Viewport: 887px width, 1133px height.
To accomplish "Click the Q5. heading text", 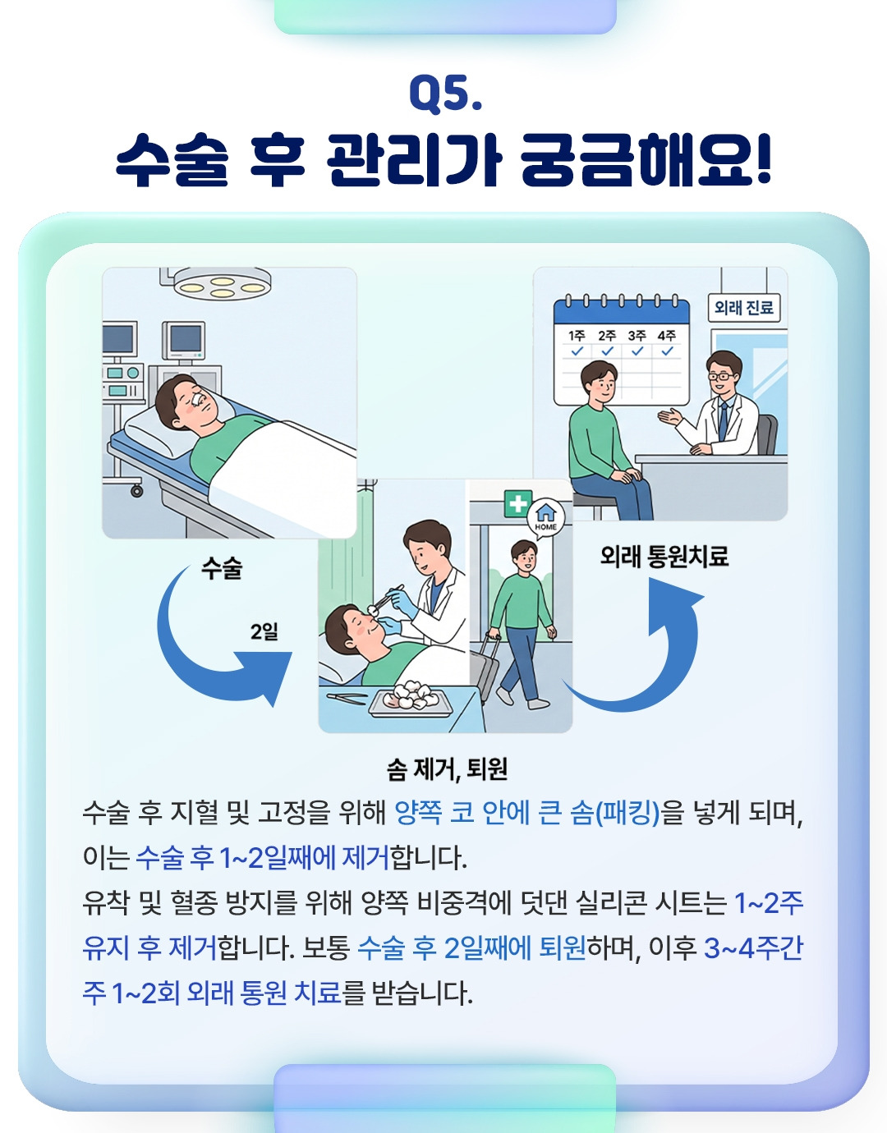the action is pyautogui.click(x=445, y=93).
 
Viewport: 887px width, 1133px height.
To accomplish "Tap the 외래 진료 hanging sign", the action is pyautogui.click(x=743, y=308).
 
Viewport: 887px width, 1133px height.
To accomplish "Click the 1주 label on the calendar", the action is pyautogui.click(x=577, y=335).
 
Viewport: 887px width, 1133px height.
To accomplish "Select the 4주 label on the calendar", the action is pyautogui.click(x=667, y=335).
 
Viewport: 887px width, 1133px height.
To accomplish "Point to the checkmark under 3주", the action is pyautogui.click(x=637, y=351).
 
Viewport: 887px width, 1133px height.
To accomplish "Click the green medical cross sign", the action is pyautogui.click(x=517, y=503).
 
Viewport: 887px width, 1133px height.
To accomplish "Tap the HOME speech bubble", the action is pyautogui.click(x=545, y=518).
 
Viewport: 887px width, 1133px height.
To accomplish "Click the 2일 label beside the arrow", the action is pyautogui.click(x=264, y=632).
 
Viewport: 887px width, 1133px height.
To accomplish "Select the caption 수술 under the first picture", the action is pyautogui.click(x=222, y=568).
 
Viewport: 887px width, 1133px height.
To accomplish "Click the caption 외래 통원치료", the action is pyautogui.click(x=664, y=556).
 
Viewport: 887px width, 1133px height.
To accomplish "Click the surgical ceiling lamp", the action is pyautogui.click(x=223, y=285).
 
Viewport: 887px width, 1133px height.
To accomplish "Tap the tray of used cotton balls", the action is pyautogui.click(x=411, y=700).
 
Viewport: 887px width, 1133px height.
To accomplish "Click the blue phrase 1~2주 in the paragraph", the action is pyautogui.click(x=769, y=903).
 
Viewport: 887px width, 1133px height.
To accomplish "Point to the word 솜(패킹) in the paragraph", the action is pyautogui.click(x=615, y=813).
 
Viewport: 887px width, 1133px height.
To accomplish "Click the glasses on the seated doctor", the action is pyautogui.click(x=721, y=376).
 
